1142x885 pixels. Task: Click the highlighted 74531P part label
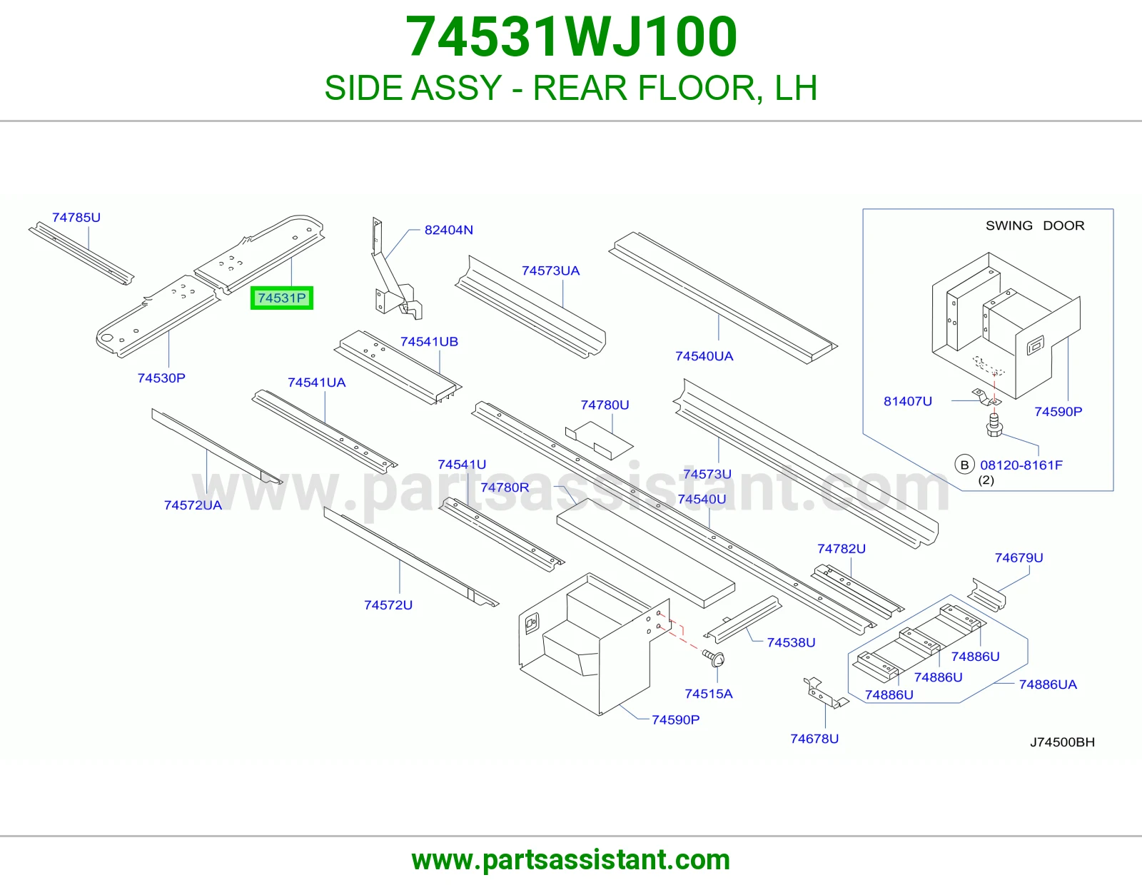(282, 298)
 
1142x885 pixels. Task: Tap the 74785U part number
(76, 218)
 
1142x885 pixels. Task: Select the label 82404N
(448, 230)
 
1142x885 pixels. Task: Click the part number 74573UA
(550, 270)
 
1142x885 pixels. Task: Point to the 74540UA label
(704, 356)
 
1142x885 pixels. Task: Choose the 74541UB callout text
(429, 342)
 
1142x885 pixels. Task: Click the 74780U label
(605, 405)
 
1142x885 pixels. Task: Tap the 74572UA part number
(193, 505)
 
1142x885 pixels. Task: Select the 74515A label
(709, 694)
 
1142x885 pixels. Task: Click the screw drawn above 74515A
(714, 658)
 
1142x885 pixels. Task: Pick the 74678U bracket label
(814, 739)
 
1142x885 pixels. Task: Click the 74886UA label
(1047, 684)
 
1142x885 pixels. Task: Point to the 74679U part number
(1019, 557)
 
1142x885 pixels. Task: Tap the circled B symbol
(964, 465)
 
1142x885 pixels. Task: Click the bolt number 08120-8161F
(1021, 465)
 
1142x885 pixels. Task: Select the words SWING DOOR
(1035, 226)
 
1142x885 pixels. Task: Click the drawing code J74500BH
(1062, 742)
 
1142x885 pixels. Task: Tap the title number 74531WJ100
(571, 36)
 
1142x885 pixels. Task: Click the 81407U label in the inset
(908, 402)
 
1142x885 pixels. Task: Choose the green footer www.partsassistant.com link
(571, 860)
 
